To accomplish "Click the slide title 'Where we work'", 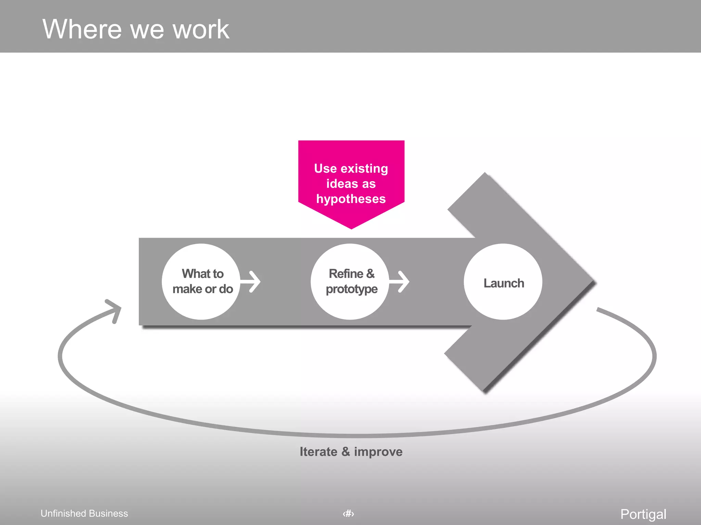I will (136, 29).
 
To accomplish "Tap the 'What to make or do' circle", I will (201, 282).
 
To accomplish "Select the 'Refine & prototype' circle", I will (350, 282).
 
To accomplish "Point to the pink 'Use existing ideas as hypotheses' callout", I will (351, 183).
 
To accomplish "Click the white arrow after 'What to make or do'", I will (252, 282).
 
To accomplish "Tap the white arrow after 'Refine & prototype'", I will (400, 282).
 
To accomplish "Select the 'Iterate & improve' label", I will (351, 452).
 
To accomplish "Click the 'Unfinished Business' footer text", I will (84, 513).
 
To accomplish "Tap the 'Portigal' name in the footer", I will (643, 514).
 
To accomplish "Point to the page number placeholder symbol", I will (348, 513).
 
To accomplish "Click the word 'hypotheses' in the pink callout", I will (351, 199).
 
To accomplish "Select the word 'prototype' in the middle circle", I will (352, 290).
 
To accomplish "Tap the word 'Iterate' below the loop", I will (318, 452).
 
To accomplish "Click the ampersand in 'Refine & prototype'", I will (370, 274).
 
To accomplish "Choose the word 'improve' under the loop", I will (378, 452).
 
